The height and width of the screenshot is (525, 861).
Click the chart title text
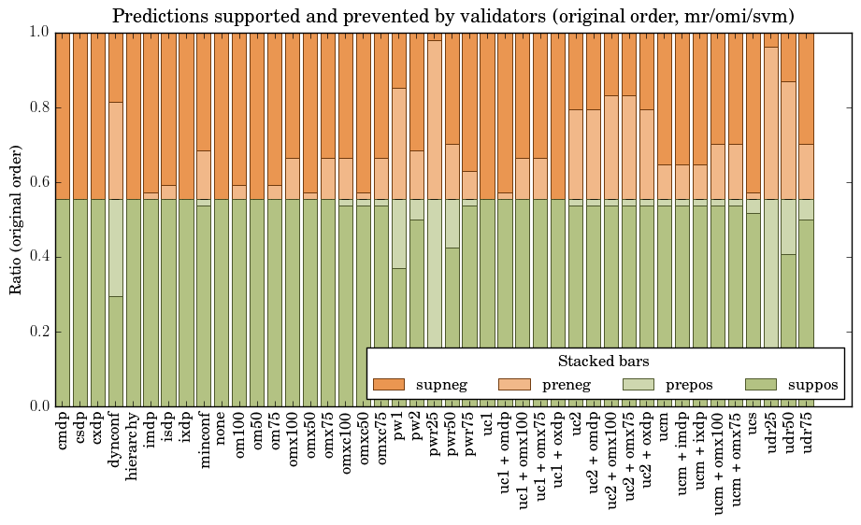(x=453, y=16)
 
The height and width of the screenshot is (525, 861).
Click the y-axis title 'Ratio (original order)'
(x=16, y=220)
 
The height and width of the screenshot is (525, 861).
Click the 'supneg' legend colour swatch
(x=389, y=384)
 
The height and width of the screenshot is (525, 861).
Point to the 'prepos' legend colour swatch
(x=638, y=384)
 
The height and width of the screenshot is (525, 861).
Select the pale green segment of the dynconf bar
(x=117, y=248)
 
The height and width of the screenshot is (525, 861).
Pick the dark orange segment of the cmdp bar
(x=64, y=116)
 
